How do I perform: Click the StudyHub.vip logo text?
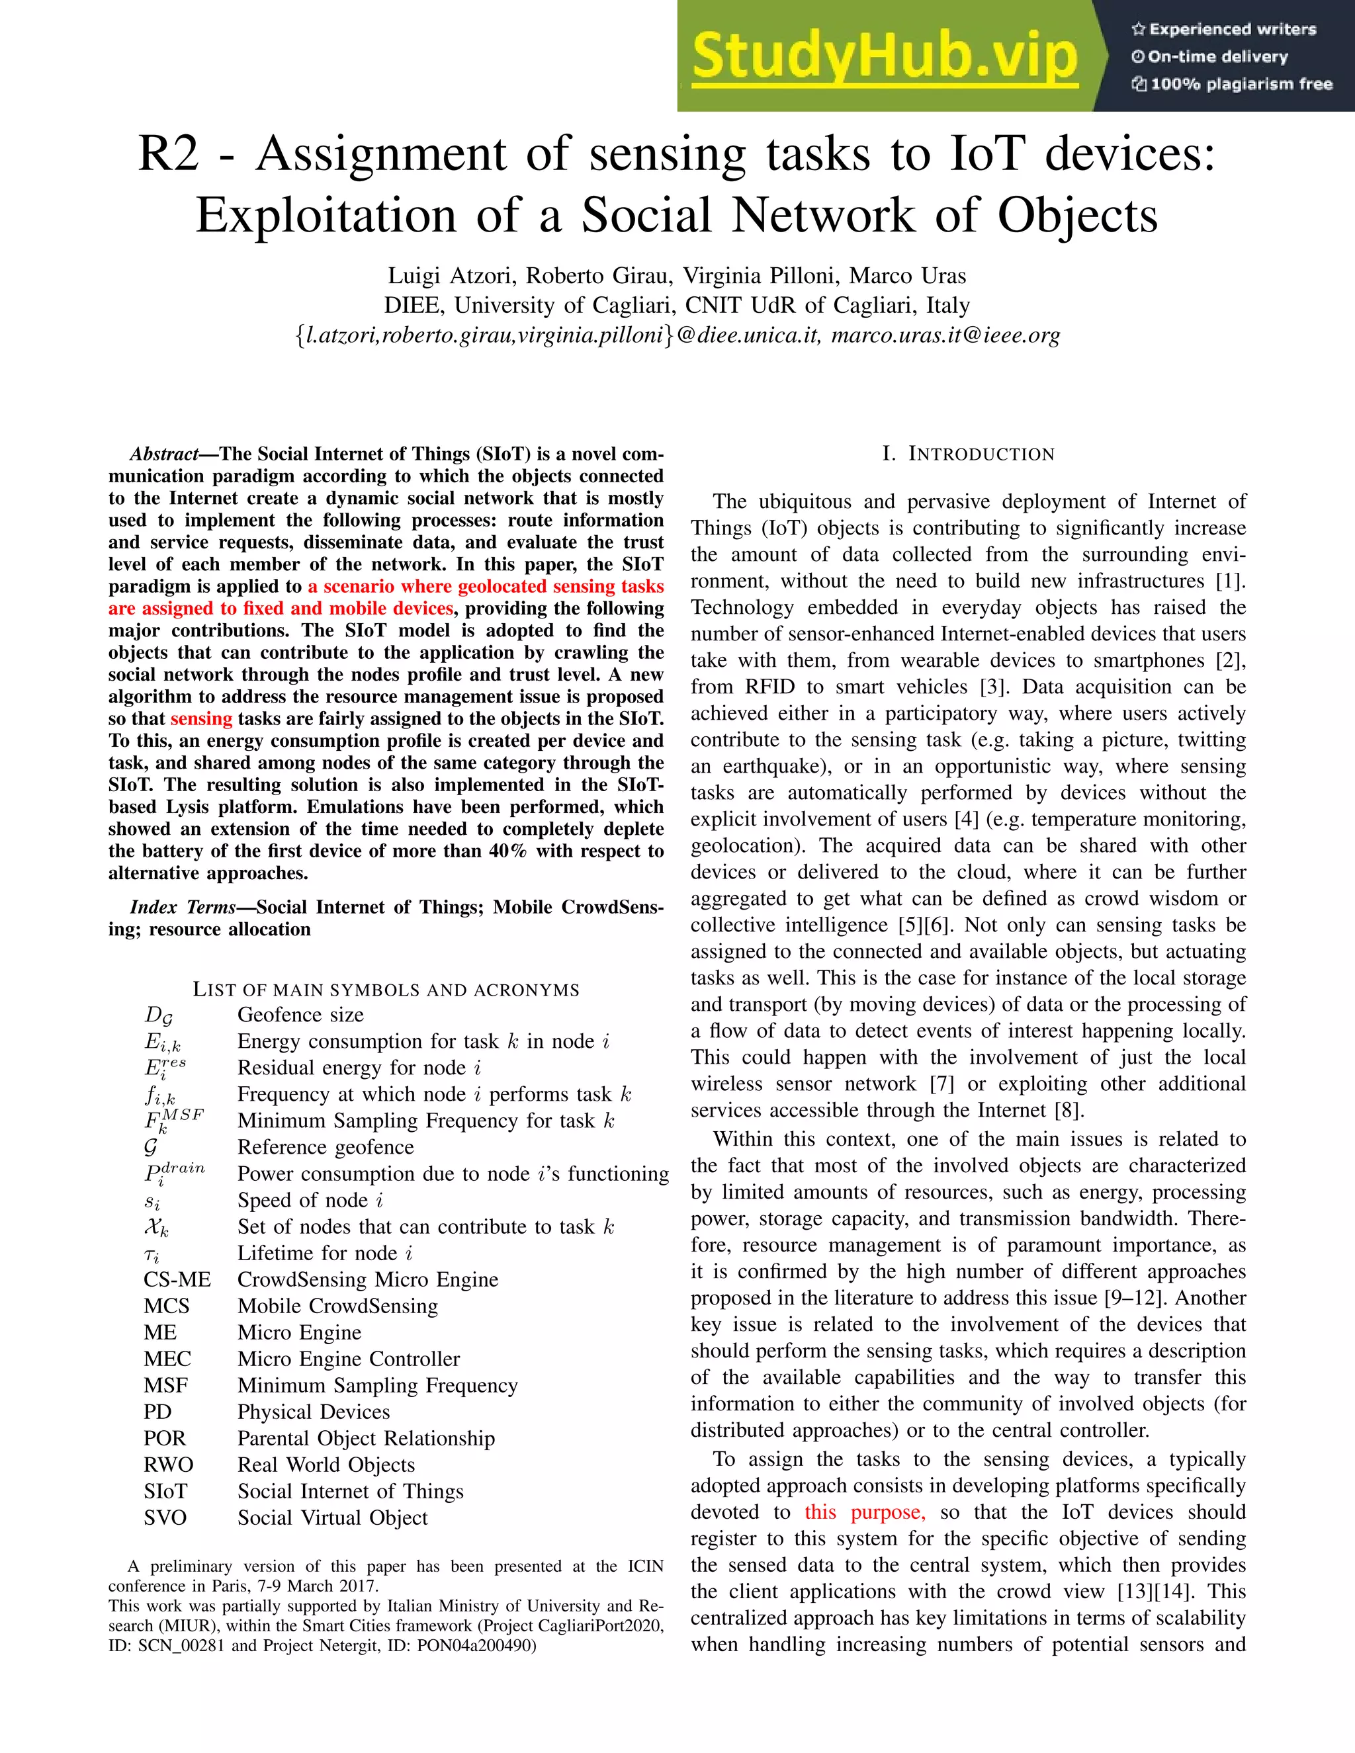pyautogui.click(x=884, y=56)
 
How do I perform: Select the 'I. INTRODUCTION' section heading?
pyautogui.click(x=968, y=454)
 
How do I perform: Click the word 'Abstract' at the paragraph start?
pyautogui.click(x=164, y=454)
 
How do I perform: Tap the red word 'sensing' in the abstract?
pyautogui.click(x=200, y=719)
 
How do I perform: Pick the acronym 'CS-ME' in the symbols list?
pyautogui.click(x=177, y=1279)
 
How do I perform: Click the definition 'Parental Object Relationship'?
pyautogui.click(x=366, y=1438)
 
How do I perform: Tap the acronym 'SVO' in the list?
pyautogui.click(x=165, y=1518)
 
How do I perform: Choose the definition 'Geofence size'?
pyautogui.click(x=300, y=1015)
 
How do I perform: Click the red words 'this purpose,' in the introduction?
pyautogui.click(x=865, y=1512)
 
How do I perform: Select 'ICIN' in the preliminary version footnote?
pyautogui.click(x=645, y=1566)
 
